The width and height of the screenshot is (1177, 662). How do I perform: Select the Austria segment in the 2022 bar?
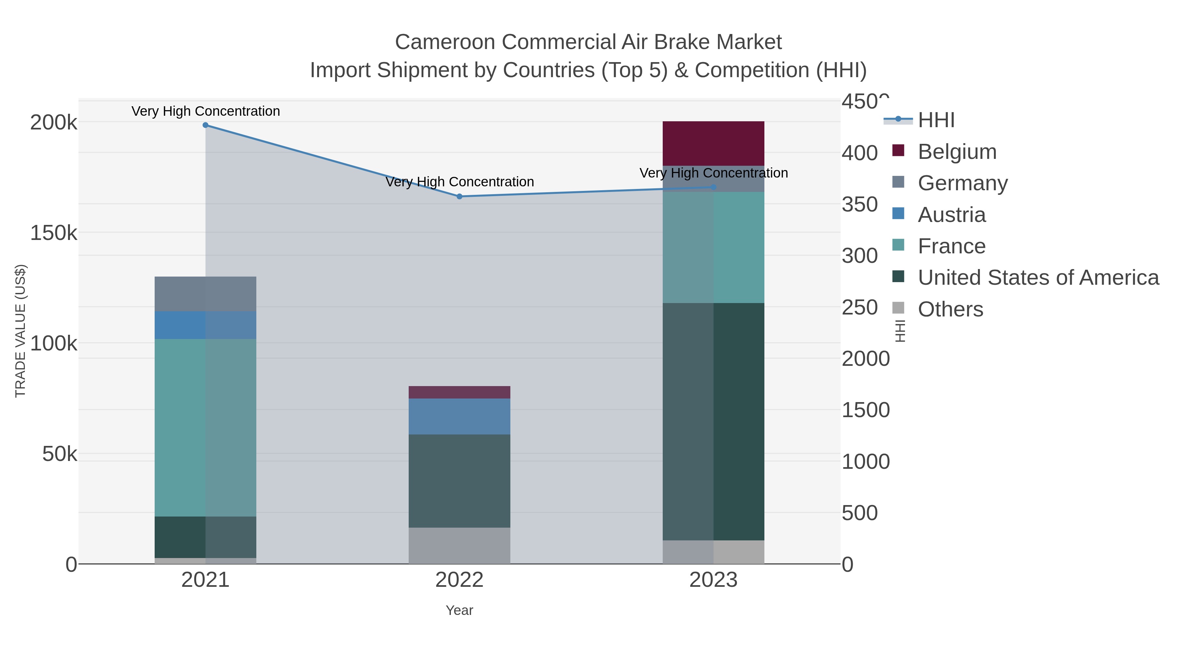(x=459, y=416)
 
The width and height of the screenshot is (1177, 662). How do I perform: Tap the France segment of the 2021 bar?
(x=205, y=428)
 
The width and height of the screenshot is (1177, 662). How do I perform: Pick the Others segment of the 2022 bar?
(x=459, y=546)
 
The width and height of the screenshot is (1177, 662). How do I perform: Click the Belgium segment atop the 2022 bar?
(x=459, y=392)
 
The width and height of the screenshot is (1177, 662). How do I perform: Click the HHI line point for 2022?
(x=460, y=196)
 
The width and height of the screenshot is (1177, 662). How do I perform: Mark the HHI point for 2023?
(x=714, y=187)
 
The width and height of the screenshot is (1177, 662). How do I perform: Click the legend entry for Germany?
(x=962, y=183)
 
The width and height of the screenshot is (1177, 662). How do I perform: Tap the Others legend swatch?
(x=898, y=308)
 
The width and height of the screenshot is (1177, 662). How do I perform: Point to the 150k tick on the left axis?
(x=54, y=233)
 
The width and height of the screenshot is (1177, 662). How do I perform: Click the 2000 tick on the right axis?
(x=865, y=359)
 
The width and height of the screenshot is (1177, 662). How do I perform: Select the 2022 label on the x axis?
(x=459, y=580)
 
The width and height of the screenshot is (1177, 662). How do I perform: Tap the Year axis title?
(x=459, y=610)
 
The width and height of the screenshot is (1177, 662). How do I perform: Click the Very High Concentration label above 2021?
(x=206, y=111)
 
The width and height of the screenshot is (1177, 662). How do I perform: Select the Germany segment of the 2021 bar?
(x=205, y=294)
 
